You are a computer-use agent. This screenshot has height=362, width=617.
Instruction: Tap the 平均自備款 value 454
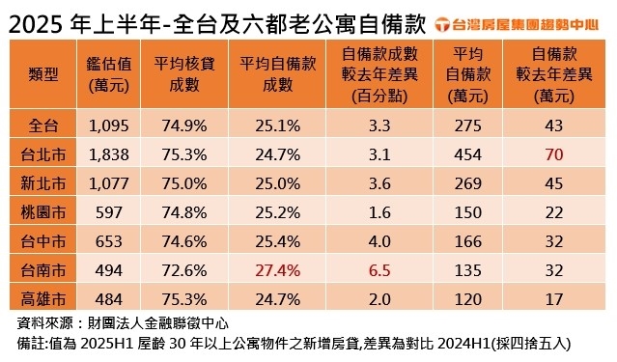click(x=472, y=153)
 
